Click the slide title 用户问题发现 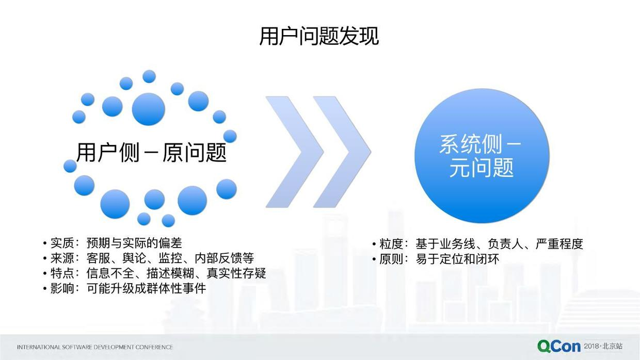pyautogui.click(x=319, y=36)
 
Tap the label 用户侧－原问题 pyautogui.click(x=151, y=153)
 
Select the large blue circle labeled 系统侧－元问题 pyautogui.click(x=482, y=156)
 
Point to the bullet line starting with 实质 pyautogui.click(x=113, y=243)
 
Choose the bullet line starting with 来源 pyautogui.click(x=148, y=258)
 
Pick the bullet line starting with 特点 pyautogui.click(x=154, y=273)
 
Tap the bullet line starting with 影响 pyautogui.click(x=124, y=289)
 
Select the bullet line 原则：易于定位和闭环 pyautogui.click(x=436, y=259)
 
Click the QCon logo pyautogui.click(x=559, y=347)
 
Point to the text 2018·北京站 pyautogui.click(x=603, y=346)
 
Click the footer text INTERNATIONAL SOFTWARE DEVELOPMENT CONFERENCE pyautogui.click(x=95, y=347)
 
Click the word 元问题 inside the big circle pyautogui.click(x=482, y=168)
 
